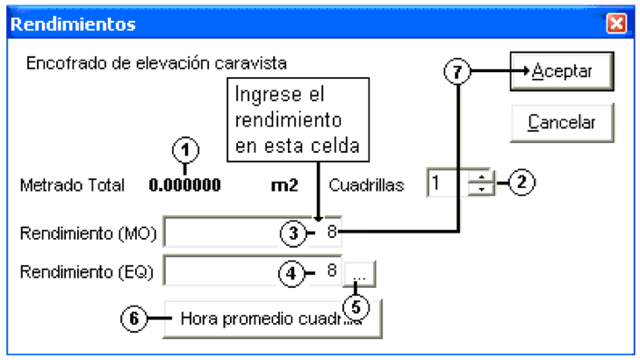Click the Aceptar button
(562, 71)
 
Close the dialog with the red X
(616, 23)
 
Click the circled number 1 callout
(186, 150)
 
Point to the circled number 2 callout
(521, 182)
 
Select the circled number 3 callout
(293, 234)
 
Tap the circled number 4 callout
(291, 273)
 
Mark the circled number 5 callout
(356, 307)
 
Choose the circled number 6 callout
(133, 319)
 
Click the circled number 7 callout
(457, 72)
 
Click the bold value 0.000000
(185, 185)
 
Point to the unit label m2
(284, 186)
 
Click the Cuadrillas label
(366, 186)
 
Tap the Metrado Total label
(72, 186)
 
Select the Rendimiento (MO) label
(88, 234)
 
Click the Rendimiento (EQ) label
(87, 272)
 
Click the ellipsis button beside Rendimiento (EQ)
(360, 274)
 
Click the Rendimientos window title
(73, 24)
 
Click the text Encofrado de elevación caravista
(156, 63)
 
